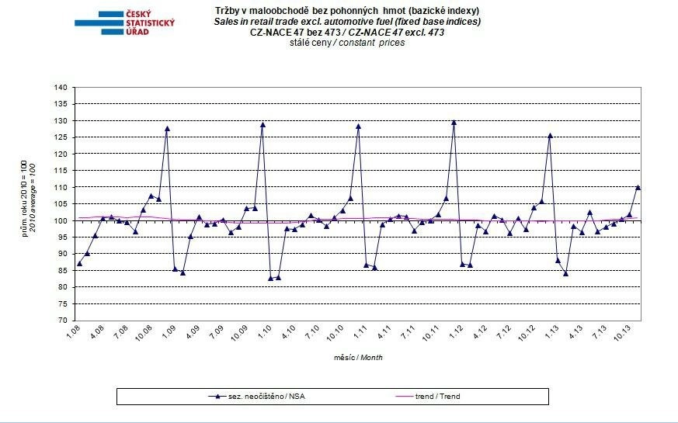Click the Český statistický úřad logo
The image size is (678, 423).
124,23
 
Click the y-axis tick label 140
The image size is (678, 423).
61,88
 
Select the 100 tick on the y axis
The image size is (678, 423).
61,220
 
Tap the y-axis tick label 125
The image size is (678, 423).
61,137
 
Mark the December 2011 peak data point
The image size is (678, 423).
454,122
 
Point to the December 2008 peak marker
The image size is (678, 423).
167,128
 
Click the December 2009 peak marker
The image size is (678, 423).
263,124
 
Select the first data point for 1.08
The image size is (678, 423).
79,263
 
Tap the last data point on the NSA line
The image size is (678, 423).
638,187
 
